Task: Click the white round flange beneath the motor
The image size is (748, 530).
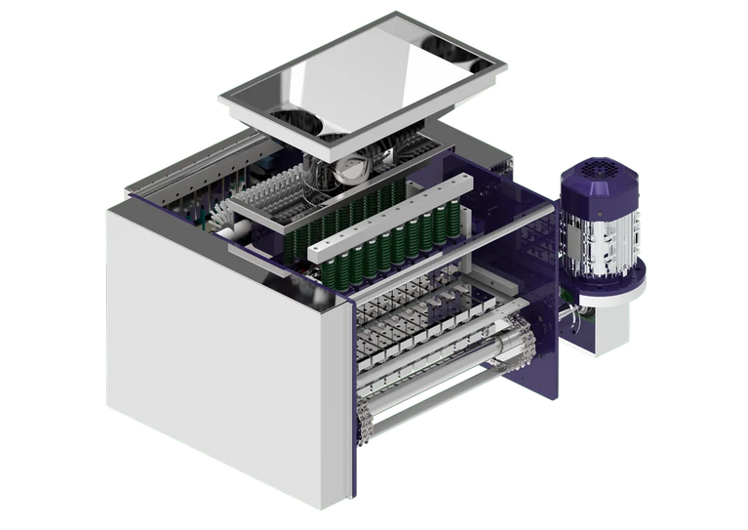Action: point(611,289)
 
